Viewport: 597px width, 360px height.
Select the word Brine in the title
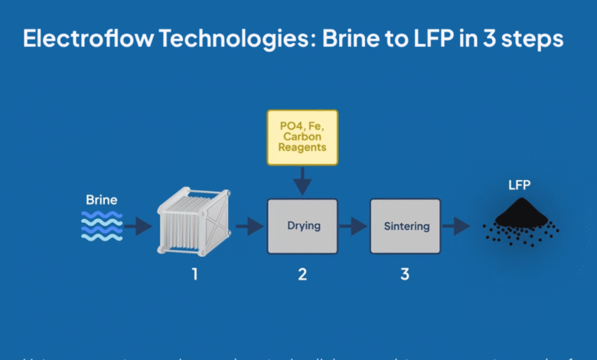364,39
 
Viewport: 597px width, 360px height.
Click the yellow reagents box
302,137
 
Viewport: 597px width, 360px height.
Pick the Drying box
302,226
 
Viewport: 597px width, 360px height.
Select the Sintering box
406,226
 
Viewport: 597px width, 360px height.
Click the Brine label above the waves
102,201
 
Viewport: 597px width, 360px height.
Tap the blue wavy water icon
102,226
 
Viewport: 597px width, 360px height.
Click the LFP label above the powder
520,185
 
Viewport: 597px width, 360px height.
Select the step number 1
194,273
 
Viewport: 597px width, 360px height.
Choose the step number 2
302,273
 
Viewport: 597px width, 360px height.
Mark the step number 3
405,273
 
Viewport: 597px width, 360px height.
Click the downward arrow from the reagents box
302,182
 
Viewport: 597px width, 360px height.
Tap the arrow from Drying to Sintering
354,226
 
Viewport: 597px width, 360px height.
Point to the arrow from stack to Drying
250,226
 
